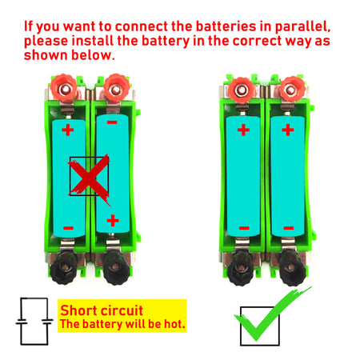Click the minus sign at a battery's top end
pos(111,124)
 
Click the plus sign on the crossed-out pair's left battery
pos(67,128)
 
